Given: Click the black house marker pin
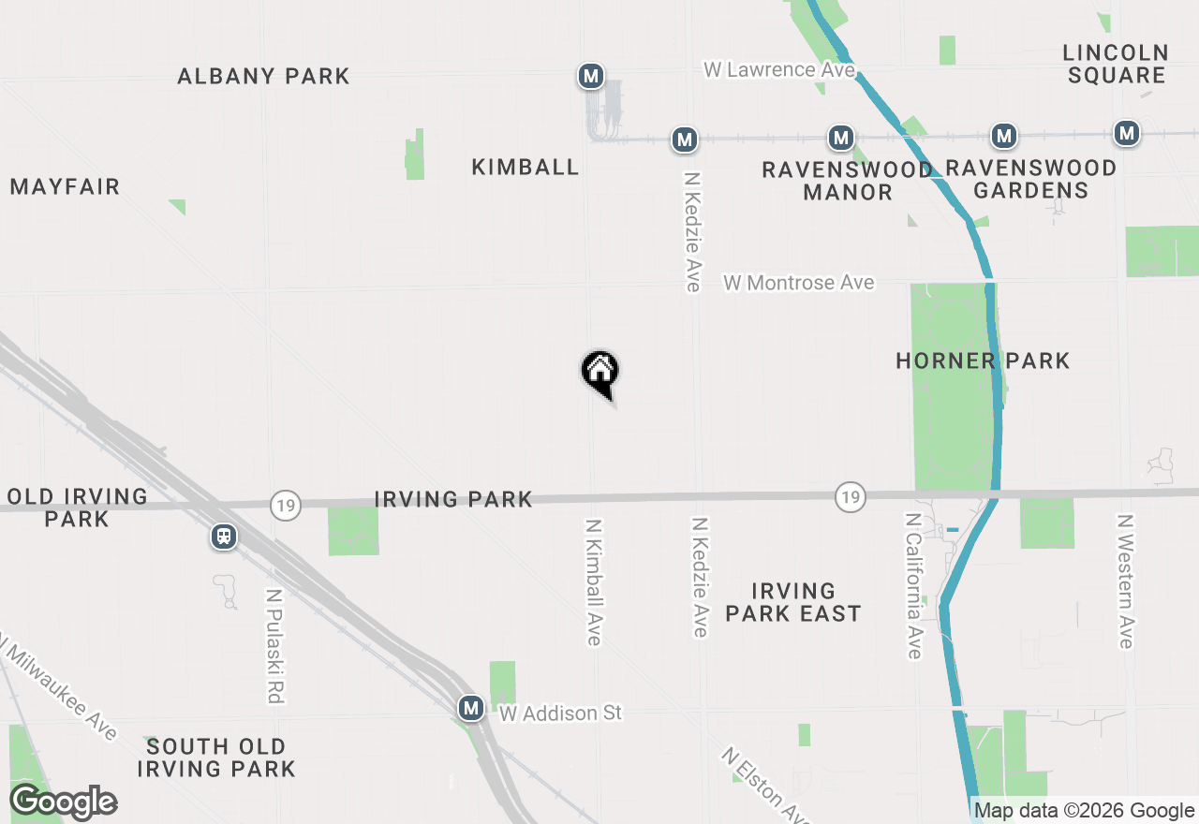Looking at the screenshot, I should point(600,372).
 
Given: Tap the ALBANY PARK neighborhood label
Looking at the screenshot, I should point(263,76).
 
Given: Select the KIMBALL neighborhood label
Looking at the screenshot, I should point(525,167).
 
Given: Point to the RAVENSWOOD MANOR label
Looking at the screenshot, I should point(847,181).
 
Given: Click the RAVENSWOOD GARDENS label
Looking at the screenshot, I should point(1030,179).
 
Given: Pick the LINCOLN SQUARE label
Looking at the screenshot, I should point(1116,64).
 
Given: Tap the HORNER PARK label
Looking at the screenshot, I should point(983,360).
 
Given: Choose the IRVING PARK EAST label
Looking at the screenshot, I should point(792,602).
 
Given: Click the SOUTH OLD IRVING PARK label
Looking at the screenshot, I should point(216,758).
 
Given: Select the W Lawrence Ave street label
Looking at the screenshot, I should point(779,69).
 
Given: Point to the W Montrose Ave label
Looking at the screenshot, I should point(799,282).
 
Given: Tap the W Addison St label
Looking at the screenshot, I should point(560,714).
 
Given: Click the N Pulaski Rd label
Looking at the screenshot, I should point(274,646).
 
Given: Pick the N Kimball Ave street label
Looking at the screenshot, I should point(594,581).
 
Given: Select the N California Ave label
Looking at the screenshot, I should point(914,584).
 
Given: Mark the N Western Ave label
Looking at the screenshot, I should point(1126,581).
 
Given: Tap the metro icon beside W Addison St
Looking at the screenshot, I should point(471,708).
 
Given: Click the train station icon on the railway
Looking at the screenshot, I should point(224,537).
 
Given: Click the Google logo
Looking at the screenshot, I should point(63,802).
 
